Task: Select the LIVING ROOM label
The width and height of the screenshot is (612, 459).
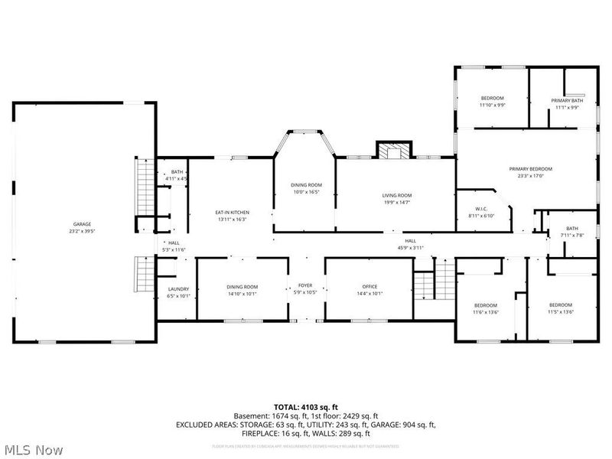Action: click(397, 195)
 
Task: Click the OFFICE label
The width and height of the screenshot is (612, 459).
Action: click(369, 286)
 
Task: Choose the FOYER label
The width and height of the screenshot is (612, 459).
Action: click(305, 286)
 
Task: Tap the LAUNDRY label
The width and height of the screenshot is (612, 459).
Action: click(177, 288)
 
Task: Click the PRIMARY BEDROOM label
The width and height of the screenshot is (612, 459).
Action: click(531, 169)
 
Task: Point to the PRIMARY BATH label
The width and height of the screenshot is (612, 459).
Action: click(567, 101)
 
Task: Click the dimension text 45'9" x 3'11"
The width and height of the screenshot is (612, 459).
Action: click(410, 248)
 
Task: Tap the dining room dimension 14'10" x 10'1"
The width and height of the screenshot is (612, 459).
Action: click(242, 293)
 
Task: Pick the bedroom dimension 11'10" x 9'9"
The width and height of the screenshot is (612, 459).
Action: click(492, 106)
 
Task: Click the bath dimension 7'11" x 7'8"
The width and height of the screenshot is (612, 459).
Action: click(572, 235)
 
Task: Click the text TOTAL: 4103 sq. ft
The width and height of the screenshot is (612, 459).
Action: click(305, 406)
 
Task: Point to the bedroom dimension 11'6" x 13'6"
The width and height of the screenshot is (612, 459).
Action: click(485, 312)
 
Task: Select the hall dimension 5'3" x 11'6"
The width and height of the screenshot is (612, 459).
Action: click(174, 249)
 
